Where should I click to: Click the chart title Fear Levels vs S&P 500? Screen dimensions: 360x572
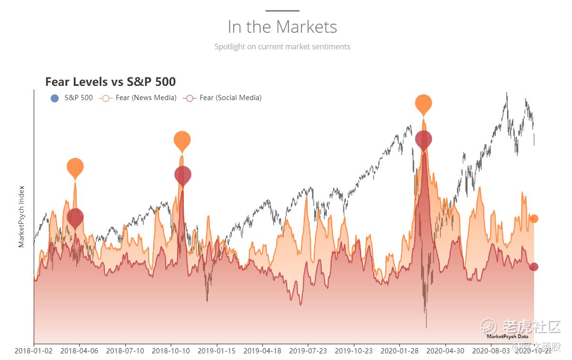[110, 82]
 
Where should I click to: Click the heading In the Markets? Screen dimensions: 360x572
[282, 27]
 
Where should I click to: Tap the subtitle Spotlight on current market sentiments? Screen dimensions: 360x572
[282, 46]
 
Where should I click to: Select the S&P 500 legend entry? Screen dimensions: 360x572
[72, 98]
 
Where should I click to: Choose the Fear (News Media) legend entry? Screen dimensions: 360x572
[139, 98]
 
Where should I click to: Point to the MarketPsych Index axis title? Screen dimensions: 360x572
[21, 216]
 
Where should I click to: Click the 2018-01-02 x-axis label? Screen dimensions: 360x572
[34, 351]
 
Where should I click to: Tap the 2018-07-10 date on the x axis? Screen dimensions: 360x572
[125, 351]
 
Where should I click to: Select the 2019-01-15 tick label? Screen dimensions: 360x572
[217, 351]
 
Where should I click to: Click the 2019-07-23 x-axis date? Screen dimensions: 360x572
[308, 351]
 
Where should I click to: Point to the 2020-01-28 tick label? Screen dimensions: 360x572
[399, 351]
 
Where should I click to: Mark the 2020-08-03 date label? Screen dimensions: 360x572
[491, 351]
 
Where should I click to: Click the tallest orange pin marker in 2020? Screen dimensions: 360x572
[424, 103]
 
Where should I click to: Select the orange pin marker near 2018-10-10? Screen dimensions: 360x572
[182, 140]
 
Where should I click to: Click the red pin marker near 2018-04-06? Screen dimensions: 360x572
[75, 217]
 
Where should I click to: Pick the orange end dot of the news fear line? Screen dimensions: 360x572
[534, 219]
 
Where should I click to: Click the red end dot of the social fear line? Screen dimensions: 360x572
[534, 267]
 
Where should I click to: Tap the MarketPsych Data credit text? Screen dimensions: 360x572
[507, 337]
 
